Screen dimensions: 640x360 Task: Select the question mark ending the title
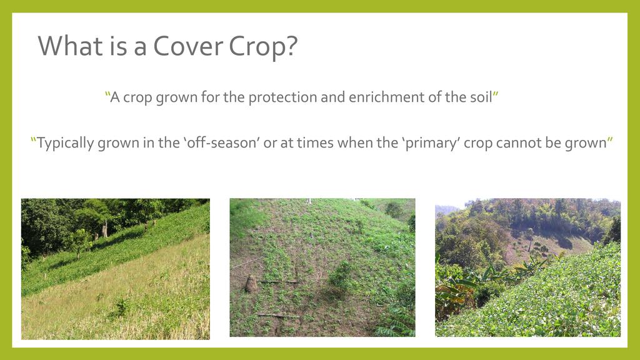(291, 46)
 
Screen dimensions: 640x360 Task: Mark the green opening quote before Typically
(34, 139)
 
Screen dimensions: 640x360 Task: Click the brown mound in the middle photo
(251, 284)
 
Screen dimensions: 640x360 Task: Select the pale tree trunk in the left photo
(105, 229)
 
